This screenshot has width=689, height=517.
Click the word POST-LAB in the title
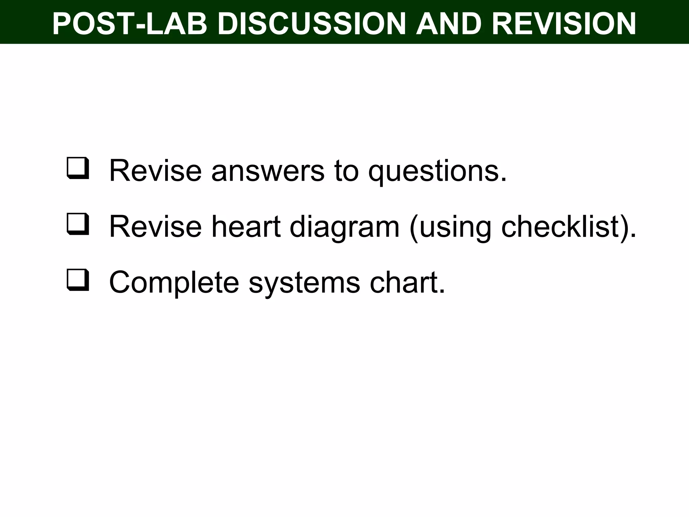click(130, 24)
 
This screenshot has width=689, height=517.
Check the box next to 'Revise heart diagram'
click(78, 224)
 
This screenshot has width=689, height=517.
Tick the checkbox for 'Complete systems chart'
click(78, 280)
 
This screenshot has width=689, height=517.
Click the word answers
click(267, 171)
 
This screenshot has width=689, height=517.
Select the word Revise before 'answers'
click(155, 171)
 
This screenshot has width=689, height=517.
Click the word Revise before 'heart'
click(155, 227)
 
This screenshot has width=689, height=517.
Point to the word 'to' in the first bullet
click(346, 171)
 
